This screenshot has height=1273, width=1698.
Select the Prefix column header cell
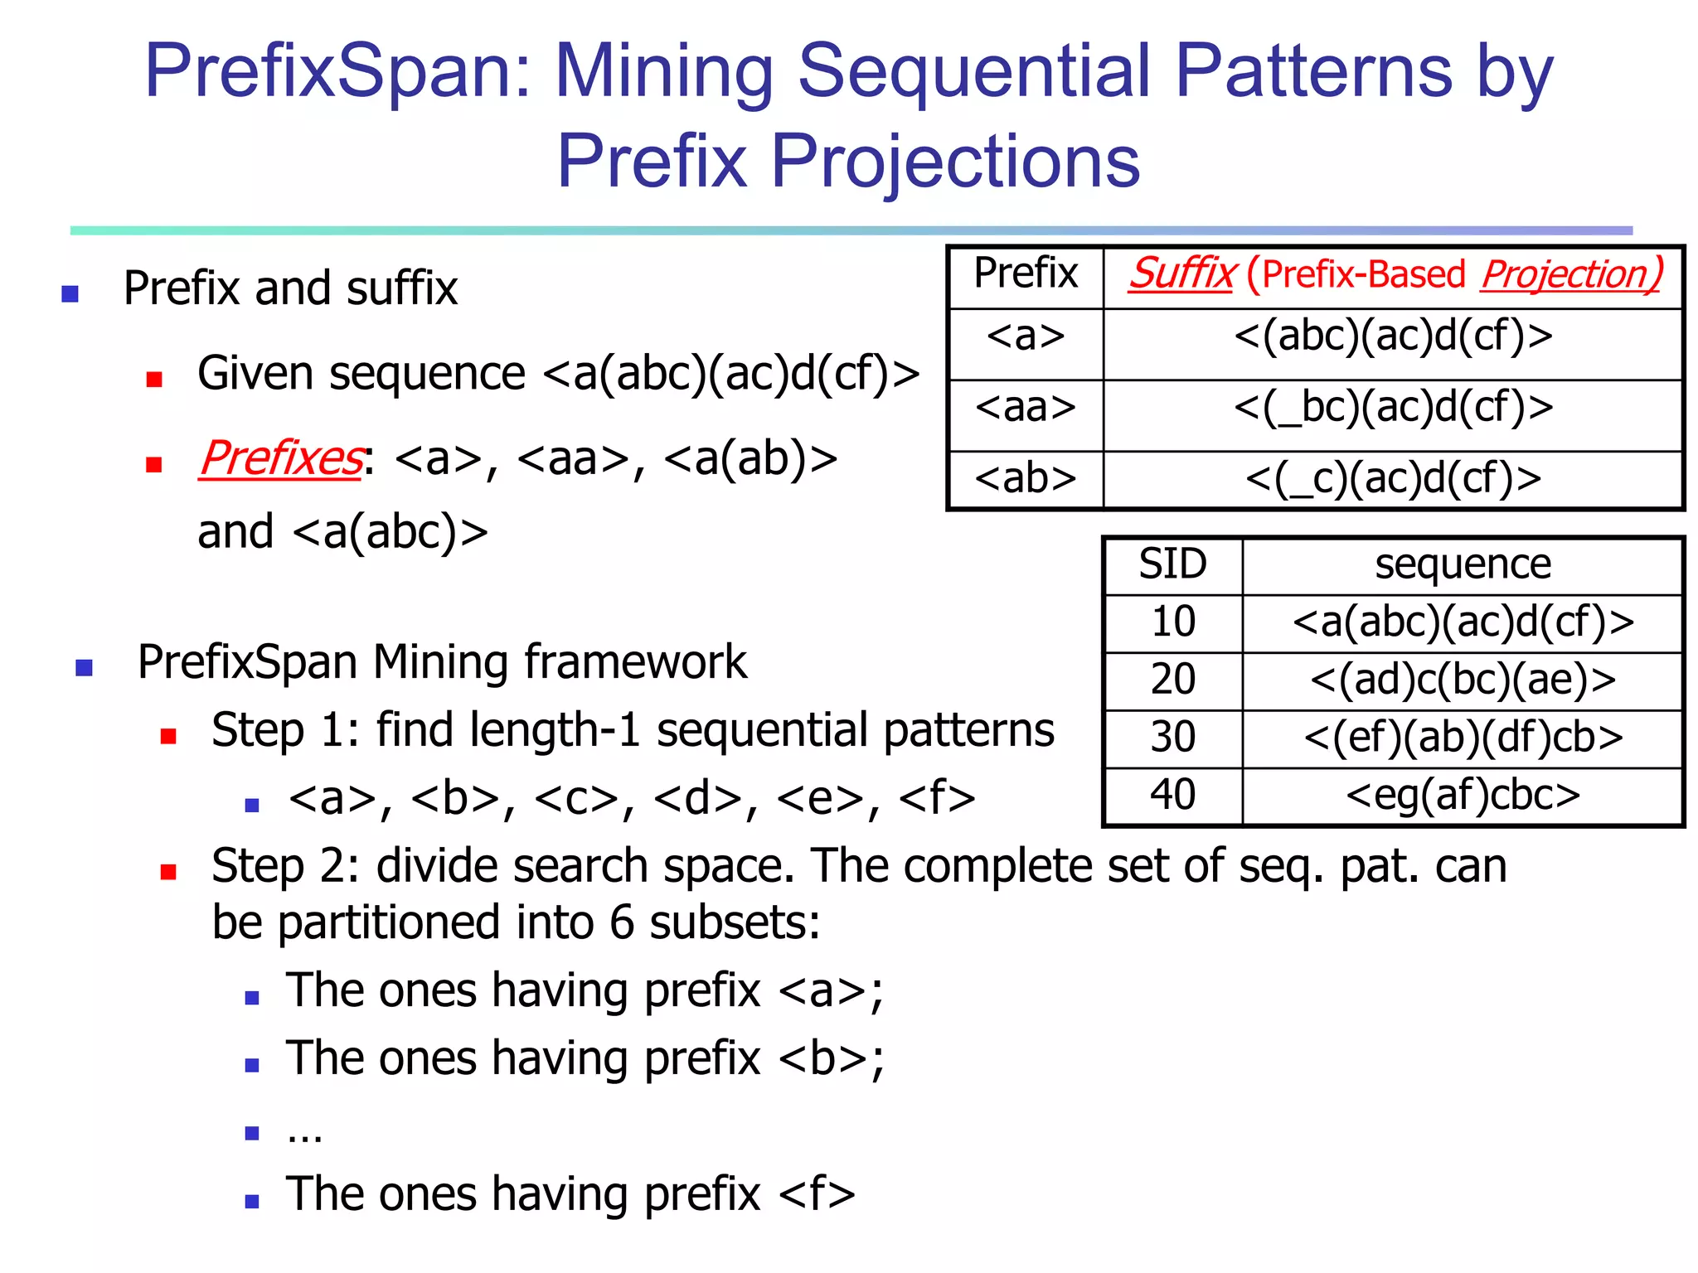coord(1026,274)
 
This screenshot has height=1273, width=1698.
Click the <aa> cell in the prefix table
coord(1026,408)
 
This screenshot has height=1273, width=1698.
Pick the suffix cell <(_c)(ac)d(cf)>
coord(1393,479)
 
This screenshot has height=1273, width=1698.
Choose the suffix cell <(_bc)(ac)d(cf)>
coord(1393,408)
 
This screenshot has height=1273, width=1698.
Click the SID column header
coord(1172,565)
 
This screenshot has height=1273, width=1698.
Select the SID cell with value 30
coord(1172,737)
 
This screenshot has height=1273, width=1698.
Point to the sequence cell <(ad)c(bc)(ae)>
coord(1463,680)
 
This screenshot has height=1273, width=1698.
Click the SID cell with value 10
coord(1172,622)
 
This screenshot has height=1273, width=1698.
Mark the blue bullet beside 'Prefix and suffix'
coord(70,293)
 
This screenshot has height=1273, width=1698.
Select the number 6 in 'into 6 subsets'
coord(623,922)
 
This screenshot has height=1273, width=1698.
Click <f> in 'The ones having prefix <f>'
coord(817,1194)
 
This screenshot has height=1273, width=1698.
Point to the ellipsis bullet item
coord(304,1133)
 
